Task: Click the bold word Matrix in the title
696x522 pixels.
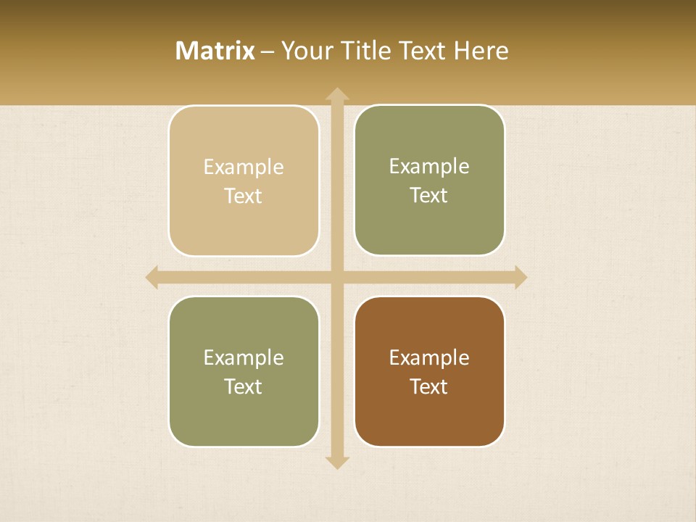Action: pos(215,51)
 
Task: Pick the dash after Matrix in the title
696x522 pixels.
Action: pos(268,51)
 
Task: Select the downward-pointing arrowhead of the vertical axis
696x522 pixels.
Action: pos(337,462)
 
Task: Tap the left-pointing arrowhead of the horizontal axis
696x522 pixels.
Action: pos(152,278)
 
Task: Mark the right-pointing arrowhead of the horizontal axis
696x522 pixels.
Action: pos(520,278)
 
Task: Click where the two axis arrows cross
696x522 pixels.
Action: pos(337,278)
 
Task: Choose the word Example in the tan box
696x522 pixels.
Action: pos(244,167)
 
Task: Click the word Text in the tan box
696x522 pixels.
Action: pos(244,196)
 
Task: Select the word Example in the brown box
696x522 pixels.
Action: pos(429,357)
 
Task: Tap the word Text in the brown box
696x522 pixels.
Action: pos(429,386)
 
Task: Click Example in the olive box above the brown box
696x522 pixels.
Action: pos(429,166)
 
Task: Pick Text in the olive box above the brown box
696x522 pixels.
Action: pos(429,195)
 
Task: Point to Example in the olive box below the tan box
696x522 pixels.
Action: pos(244,357)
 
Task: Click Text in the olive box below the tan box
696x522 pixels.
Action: pos(244,386)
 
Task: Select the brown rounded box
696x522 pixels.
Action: pos(429,420)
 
